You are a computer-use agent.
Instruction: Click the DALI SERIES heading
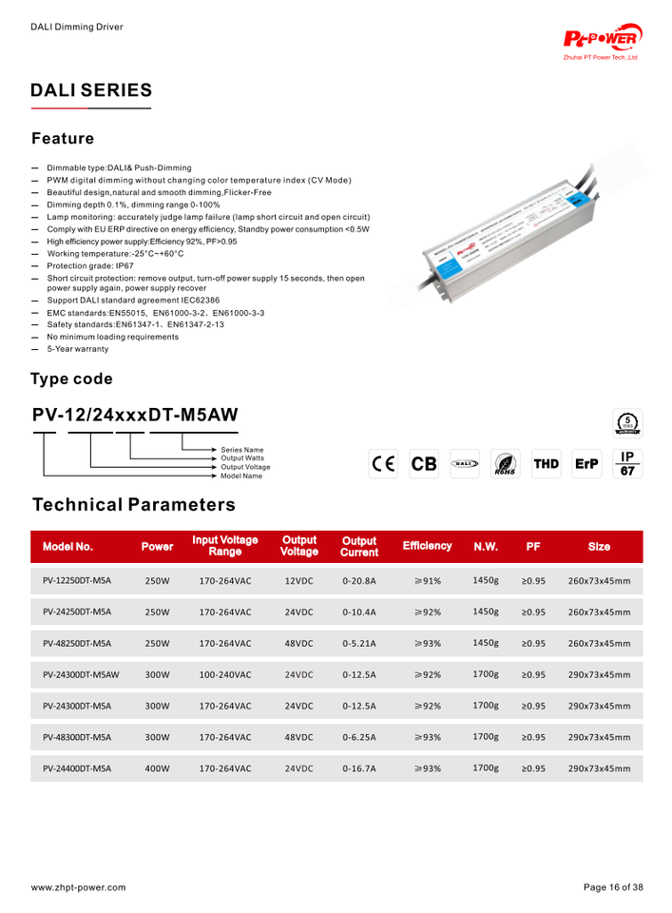(x=91, y=90)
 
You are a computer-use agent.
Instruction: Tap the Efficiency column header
(x=427, y=546)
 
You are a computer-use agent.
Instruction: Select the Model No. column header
(x=67, y=547)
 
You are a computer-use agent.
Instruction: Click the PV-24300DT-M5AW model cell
(x=81, y=674)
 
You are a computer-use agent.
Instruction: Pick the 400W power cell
(x=157, y=768)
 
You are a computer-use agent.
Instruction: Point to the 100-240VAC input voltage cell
(x=225, y=674)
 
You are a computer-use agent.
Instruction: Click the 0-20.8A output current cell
(x=358, y=580)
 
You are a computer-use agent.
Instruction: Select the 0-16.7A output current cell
(x=358, y=768)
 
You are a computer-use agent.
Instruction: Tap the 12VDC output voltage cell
(x=299, y=580)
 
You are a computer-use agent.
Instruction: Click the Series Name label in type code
(x=241, y=449)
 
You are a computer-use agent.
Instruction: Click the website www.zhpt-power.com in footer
(x=78, y=887)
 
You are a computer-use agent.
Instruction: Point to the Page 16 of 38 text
(x=613, y=887)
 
